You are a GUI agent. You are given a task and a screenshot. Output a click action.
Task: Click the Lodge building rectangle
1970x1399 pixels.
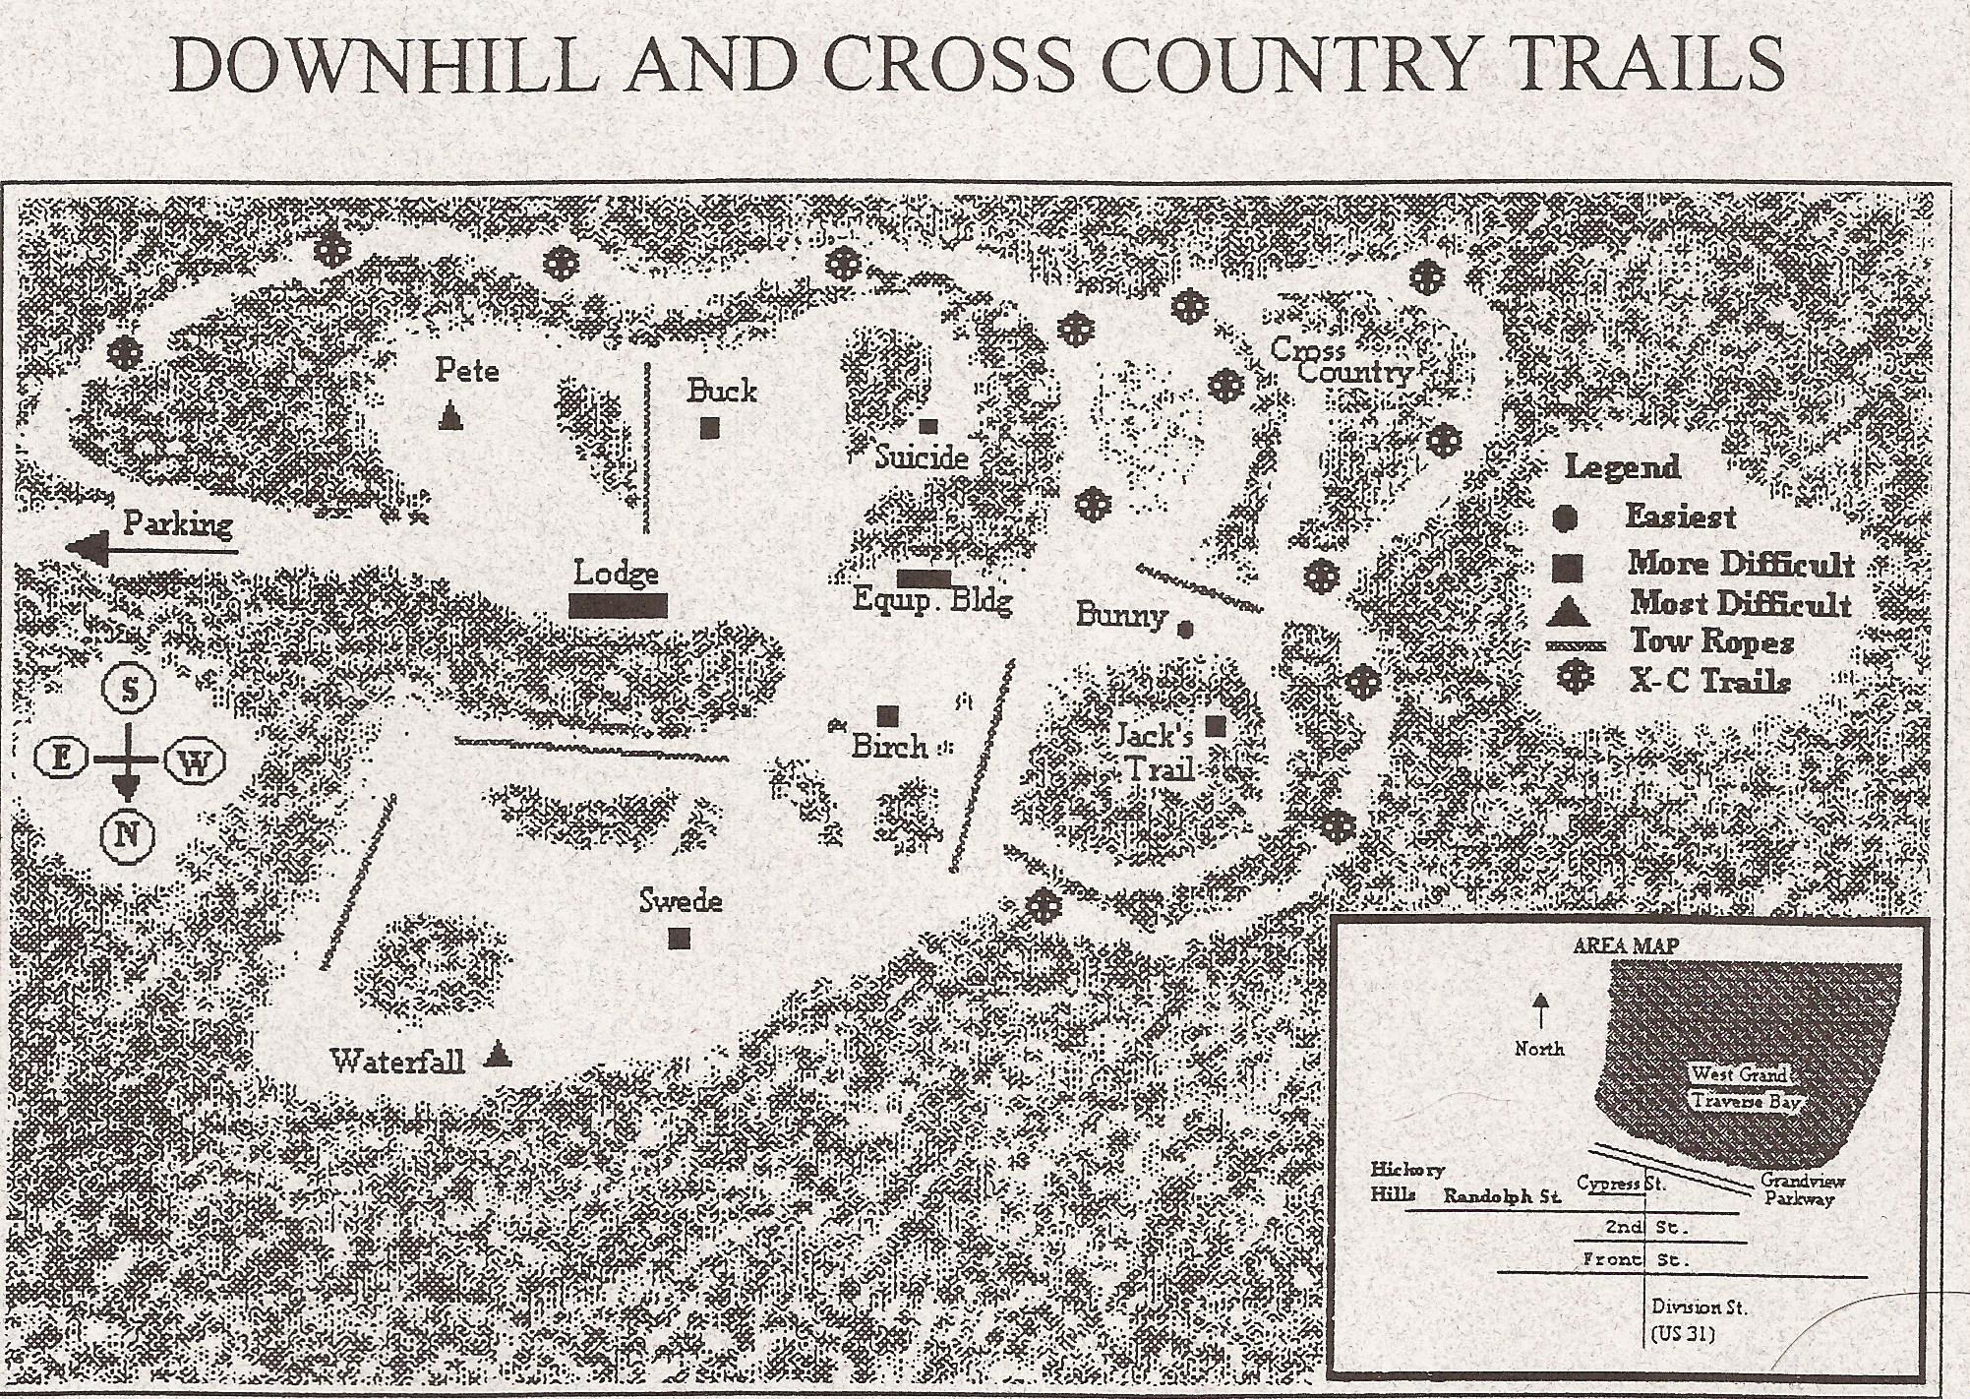point(618,605)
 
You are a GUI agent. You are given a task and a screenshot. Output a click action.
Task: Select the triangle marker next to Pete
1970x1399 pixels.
point(450,417)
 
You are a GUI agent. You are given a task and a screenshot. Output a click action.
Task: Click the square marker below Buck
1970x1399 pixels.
point(709,427)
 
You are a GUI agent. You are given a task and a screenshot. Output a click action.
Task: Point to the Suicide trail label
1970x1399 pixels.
point(922,456)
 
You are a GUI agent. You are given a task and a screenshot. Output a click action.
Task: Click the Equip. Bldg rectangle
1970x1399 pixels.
point(924,578)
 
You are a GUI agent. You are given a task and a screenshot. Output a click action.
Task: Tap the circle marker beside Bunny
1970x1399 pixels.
point(1186,628)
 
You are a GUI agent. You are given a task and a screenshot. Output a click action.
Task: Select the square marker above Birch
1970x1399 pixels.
point(888,715)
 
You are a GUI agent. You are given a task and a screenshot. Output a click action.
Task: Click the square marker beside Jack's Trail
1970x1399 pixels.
point(1216,726)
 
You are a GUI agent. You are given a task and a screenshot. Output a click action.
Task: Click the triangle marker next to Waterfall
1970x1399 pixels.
point(499,1057)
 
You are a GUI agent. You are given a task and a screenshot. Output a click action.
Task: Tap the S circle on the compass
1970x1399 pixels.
point(129,689)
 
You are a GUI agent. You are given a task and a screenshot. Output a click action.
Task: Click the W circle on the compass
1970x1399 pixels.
point(197,760)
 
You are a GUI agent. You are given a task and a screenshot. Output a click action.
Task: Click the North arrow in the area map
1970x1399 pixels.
point(1540,1010)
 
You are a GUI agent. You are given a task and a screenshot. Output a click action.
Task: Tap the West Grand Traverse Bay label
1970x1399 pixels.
point(1748,1087)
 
